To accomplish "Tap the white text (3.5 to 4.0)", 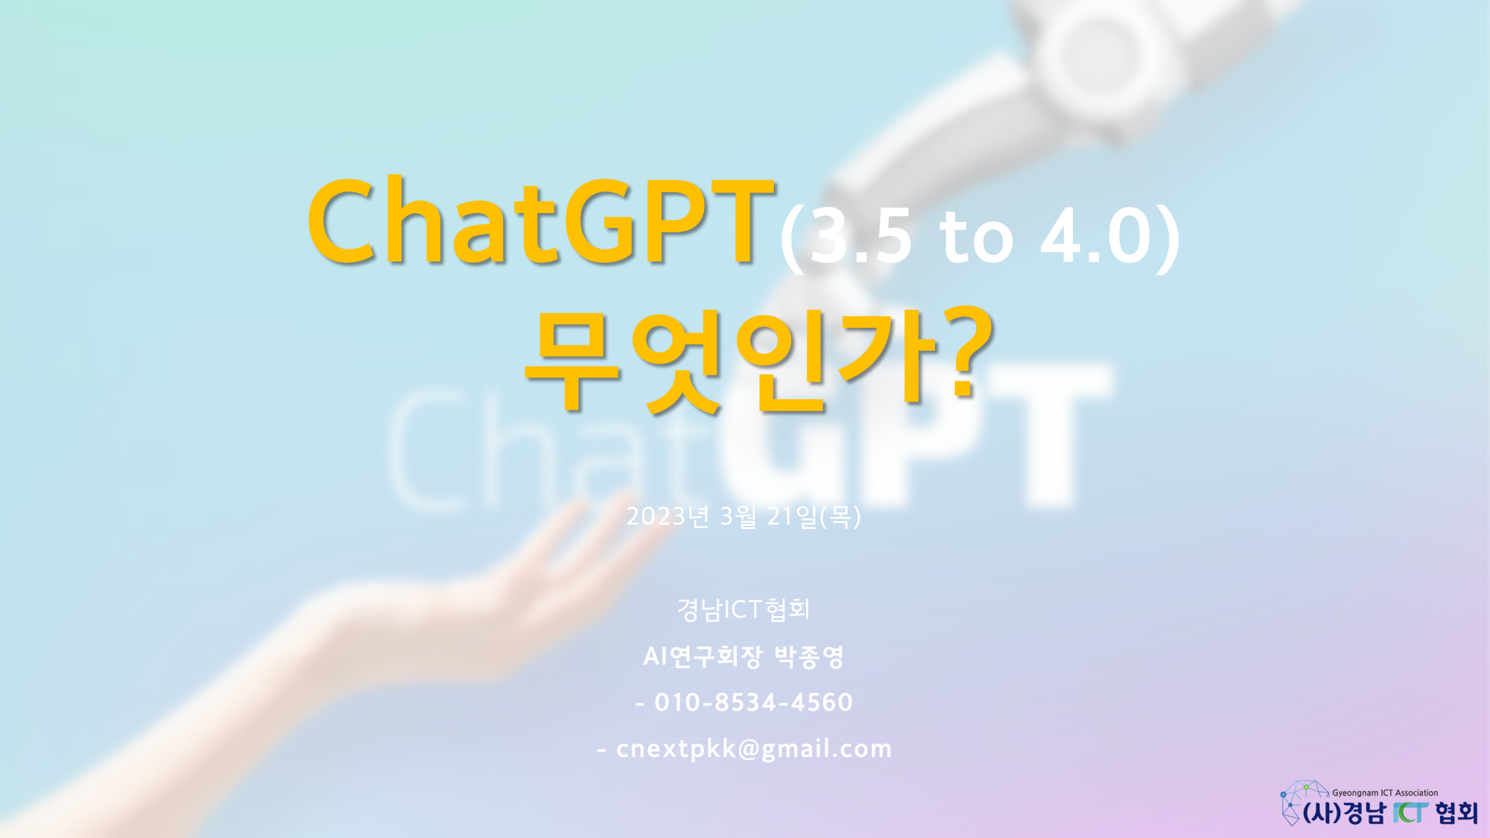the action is coord(980,237).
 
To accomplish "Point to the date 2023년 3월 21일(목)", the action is coord(744,516).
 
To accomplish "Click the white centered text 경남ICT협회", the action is coord(744,609).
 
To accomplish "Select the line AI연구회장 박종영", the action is coord(744,656).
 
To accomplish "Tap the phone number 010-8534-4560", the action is coord(753,702).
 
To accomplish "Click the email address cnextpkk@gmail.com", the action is coord(754,749).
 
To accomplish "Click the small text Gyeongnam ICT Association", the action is coord(1385,793).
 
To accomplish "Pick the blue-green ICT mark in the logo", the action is coord(1410,813).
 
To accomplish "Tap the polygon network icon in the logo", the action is coord(1302,800).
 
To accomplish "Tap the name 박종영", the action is coord(809,656).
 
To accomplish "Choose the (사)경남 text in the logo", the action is coord(1345,813).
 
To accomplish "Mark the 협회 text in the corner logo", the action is coord(1456,813).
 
